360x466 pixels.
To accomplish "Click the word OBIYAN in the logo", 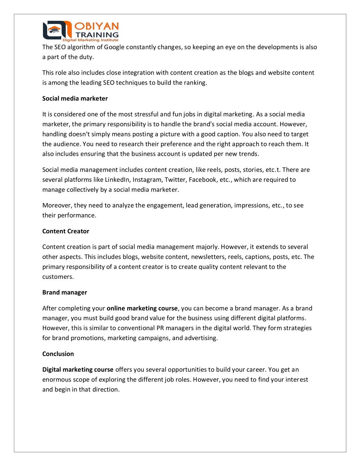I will point(97,26).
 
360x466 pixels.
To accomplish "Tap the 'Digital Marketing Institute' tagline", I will point(90,40).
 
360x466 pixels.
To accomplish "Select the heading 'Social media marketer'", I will point(75,98).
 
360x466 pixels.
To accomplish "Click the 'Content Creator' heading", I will point(66,231).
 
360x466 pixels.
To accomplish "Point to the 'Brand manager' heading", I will point(65,292).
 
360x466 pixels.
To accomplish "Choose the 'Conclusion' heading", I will point(58,354).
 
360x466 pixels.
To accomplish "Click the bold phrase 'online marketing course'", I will point(142,308).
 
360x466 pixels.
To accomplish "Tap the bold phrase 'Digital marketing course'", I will point(78,369).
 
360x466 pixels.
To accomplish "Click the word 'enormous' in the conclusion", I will point(56,379).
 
